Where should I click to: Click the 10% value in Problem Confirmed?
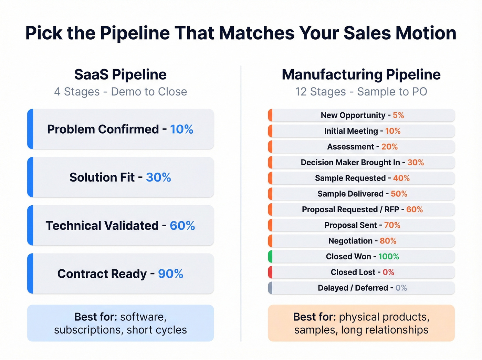(x=181, y=129)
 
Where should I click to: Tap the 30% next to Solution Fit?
(x=158, y=177)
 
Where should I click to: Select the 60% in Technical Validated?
(x=182, y=226)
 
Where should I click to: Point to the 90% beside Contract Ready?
(x=170, y=274)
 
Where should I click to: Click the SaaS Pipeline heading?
(x=120, y=74)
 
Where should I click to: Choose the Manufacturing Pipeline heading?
(x=361, y=74)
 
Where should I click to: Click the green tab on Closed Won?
(x=270, y=257)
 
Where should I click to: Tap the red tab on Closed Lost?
(x=270, y=272)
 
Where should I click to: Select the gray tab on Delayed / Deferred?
(x=270, y=288)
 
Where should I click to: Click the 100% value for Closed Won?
(x=388, y=257)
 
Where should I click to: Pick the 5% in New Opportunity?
(x=398, y=115)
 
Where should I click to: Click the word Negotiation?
(x=350, y=241)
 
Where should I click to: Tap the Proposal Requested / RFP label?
(x=350, y=209)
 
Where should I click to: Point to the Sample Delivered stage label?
(x=350, y=194)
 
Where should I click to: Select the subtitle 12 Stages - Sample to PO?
(x=361, y=92)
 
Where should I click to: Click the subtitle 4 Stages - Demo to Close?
(x=120, y=92)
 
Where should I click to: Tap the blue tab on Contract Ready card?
(x=30, y=274)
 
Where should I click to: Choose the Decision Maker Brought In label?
(x=350, y=162)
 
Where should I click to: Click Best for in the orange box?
(x=314, y=317)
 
